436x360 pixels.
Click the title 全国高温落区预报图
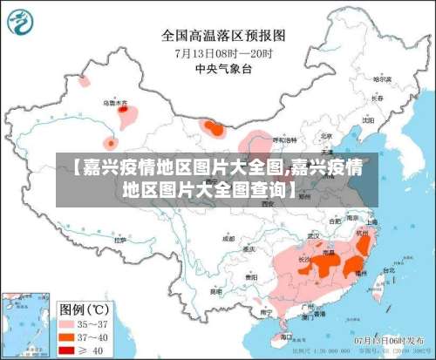223,36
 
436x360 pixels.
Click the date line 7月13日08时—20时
223,51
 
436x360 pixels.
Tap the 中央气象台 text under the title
223,67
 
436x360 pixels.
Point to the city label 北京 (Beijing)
326,136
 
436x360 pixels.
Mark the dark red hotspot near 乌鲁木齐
125,110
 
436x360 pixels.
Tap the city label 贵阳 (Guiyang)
251,276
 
